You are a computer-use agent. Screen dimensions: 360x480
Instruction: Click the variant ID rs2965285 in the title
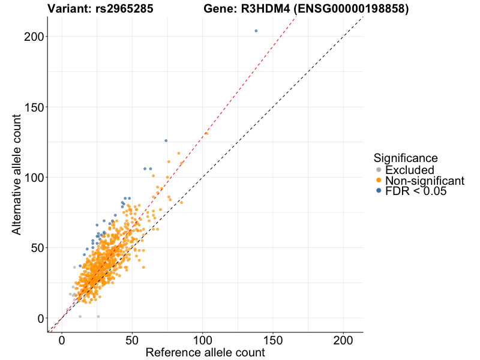pos(124,9)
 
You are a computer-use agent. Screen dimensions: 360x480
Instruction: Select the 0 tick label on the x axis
pos(62,340)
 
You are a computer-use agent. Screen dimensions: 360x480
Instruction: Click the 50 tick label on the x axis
pos(132,340)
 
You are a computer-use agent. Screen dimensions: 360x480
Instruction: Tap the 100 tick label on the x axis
pos(203,340)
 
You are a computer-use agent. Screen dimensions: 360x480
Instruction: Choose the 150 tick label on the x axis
pos(273,340)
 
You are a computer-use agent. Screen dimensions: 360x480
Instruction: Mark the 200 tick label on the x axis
pos(343,340)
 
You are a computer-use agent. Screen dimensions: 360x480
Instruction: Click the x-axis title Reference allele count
pos(205,353)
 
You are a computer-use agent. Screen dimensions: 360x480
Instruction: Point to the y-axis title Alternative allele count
pos(17,178)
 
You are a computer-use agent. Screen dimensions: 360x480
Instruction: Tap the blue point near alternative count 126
pos(166,140)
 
